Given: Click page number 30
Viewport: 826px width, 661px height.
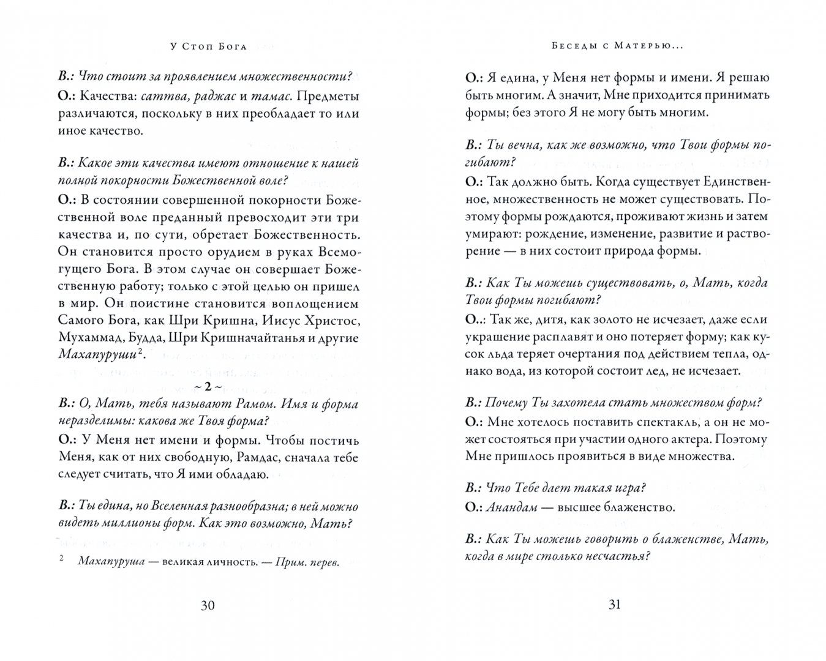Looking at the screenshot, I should coord(208,605).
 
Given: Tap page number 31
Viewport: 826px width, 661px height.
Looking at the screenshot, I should coord(615,605).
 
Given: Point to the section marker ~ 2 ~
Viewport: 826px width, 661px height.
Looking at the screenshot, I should coord(207,386).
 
